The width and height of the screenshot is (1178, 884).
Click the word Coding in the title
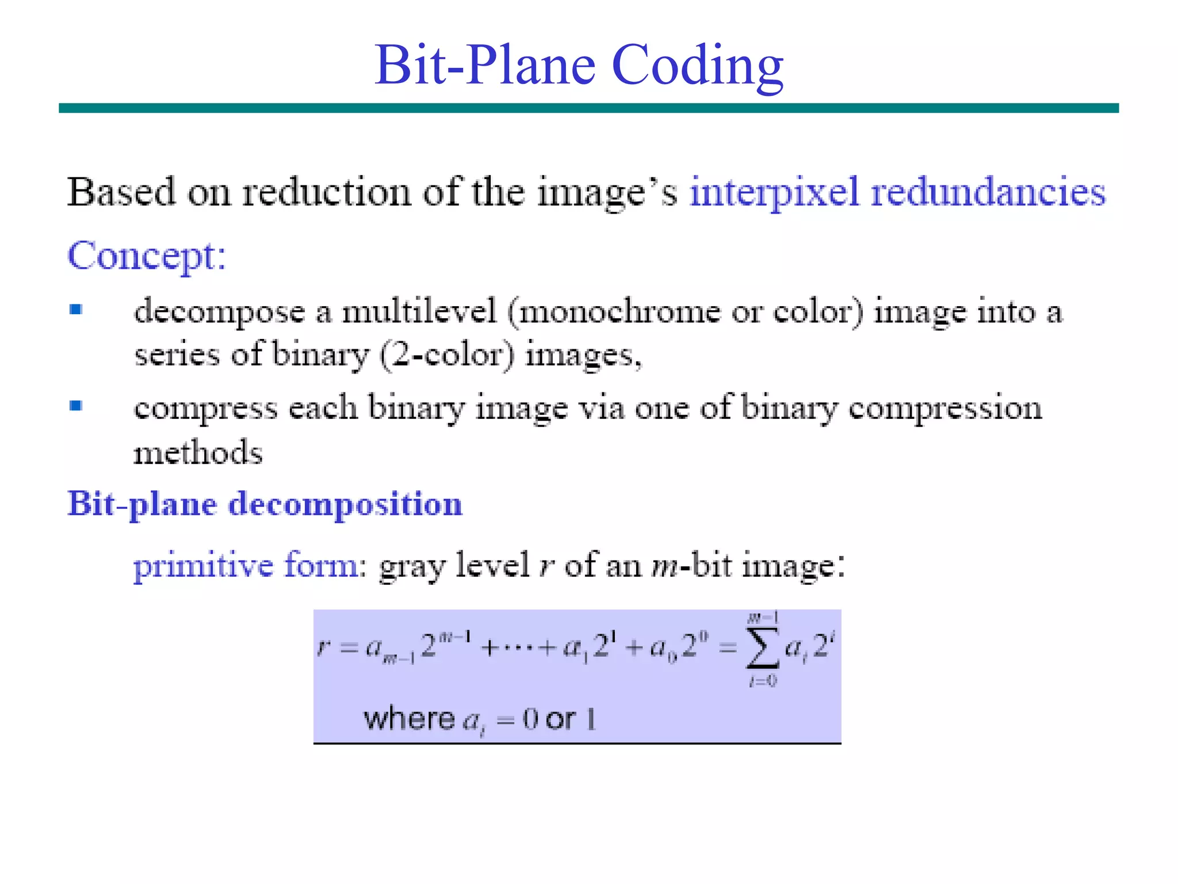[697, 66]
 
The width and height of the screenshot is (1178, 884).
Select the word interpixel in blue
[774, 193]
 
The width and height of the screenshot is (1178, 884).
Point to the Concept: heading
[147, 256]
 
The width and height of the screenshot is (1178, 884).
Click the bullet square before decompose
[76, 310]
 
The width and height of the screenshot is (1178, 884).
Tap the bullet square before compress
[76, 406]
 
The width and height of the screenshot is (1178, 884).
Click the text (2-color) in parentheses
[447, 355]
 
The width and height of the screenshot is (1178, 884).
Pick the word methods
[198, 452]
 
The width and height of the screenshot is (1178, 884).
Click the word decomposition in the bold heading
[345, 505]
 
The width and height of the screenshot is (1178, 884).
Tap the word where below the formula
[409, 719]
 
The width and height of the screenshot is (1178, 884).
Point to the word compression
[945, 408]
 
